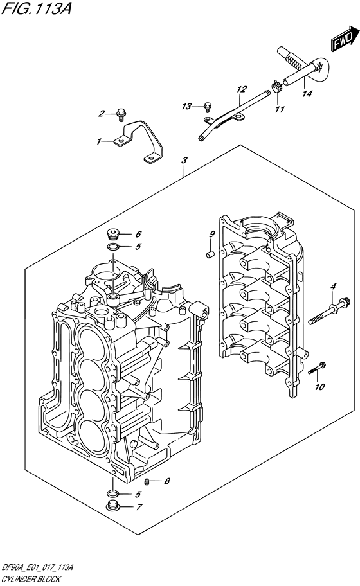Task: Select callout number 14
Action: pyautogui.click(x=307, y=94)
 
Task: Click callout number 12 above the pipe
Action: pyautogui.click(x=242, y=89)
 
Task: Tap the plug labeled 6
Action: pyautogui.click(x=113, y=233)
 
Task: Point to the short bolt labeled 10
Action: pyautogui.click(x=315, y=369)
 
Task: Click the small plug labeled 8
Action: pyautogui.click(x=147, y=481)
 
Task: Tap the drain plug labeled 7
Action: pyautogui.click(x=113, y=507)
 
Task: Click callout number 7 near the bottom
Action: pyautogui.click(x=139, y=507)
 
